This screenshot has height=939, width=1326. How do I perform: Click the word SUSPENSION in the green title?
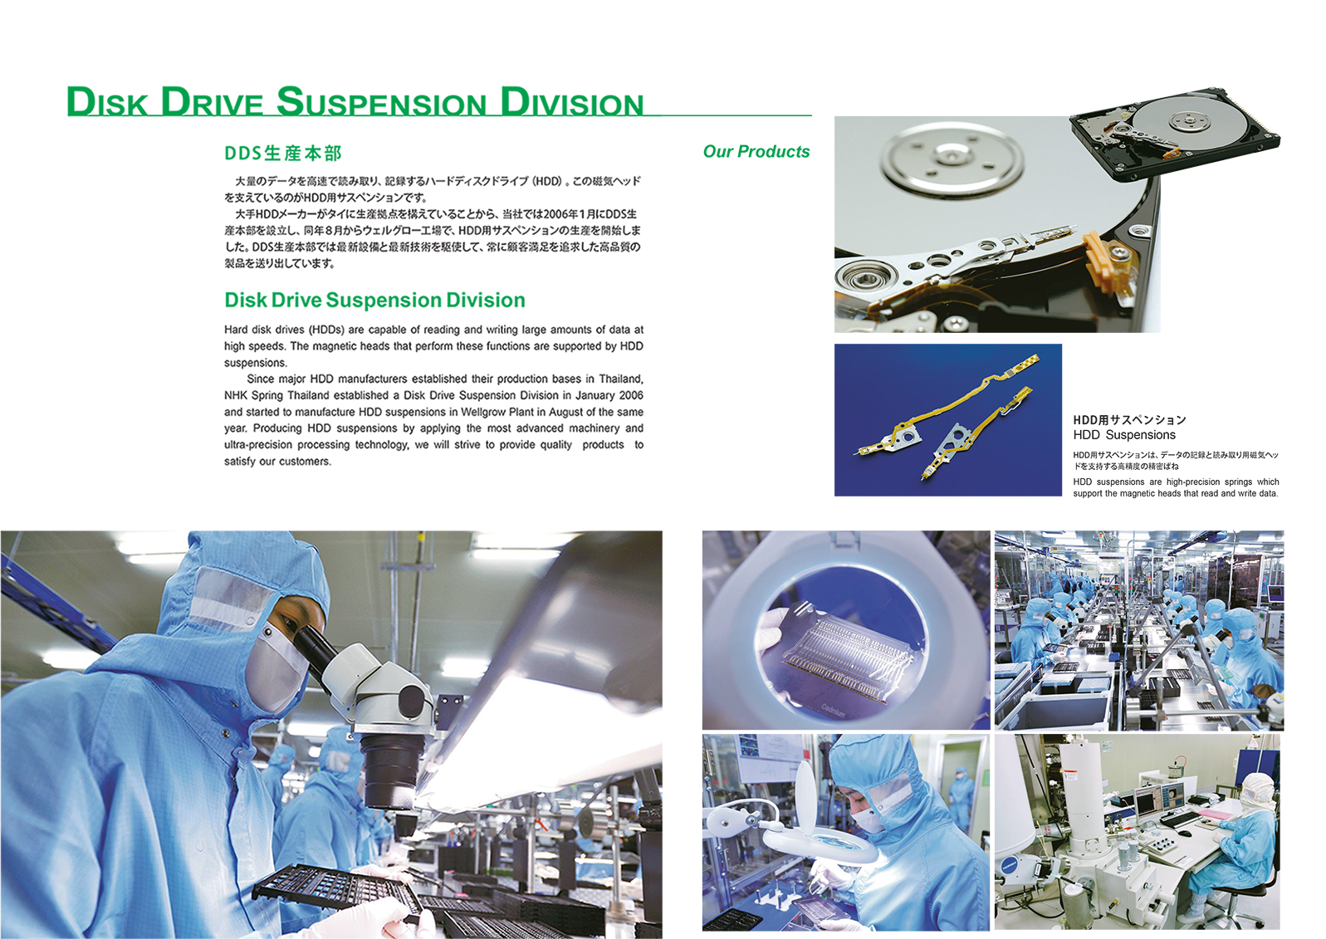pos(381,102)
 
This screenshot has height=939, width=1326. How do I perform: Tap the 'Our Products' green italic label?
pos(756,152)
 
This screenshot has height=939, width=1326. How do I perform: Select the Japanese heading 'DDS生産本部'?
pos(283,154)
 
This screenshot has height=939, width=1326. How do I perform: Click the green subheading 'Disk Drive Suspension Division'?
pos(374,301)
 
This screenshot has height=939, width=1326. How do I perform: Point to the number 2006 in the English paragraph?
pos(631,395)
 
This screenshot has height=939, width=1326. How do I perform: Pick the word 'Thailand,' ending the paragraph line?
pos(621,379)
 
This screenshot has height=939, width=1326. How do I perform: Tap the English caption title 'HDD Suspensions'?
pos(1124,434)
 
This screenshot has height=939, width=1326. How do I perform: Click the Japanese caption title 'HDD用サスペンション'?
pos(1129,420)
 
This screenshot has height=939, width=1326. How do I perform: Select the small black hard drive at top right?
pos(1175,132)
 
